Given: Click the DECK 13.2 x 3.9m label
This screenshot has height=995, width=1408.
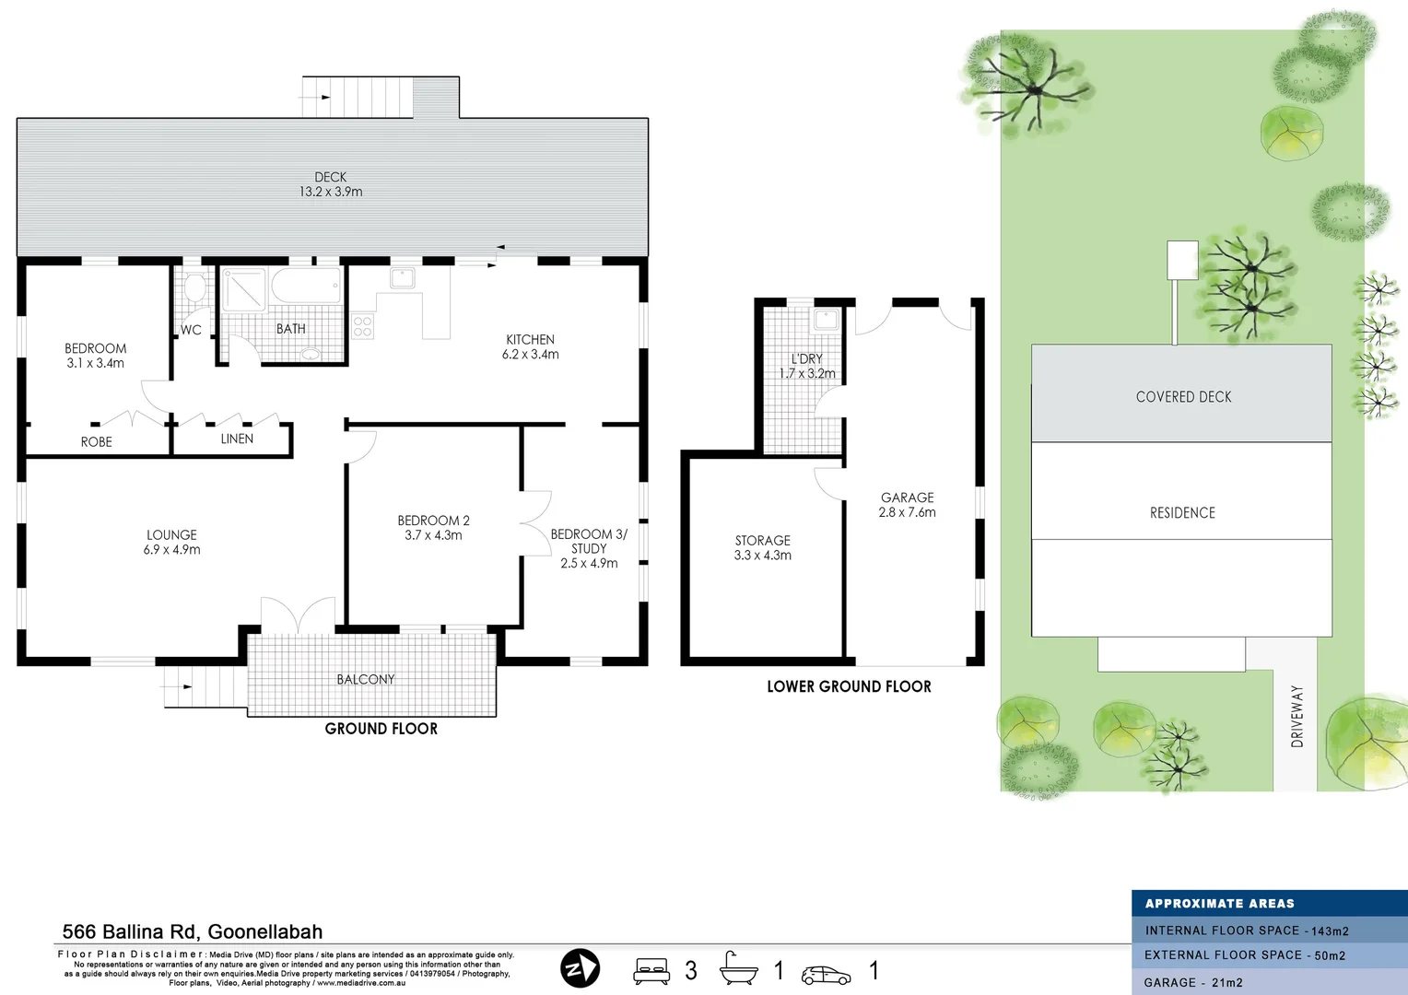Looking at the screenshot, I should tap(330, 184).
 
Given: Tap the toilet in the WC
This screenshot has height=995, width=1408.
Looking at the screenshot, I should tap(194, 288).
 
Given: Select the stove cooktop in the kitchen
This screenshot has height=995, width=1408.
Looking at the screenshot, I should tap(362, 326).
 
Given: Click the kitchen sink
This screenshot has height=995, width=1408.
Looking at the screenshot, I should tap(402, 277).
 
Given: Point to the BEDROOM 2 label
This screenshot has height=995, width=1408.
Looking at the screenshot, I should tap(433, 527).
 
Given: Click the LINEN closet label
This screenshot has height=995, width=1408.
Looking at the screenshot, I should tap(237, 439).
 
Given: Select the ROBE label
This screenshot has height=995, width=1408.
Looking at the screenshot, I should tap(96, 442).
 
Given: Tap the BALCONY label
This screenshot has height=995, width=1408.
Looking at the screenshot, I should tap(365, 679).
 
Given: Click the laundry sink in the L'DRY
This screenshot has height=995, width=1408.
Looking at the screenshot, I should tap(826, 320).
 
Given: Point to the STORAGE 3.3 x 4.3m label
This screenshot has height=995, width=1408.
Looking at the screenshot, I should tap(762, 547).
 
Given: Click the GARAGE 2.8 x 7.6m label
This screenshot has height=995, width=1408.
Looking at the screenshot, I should tap(907, 505).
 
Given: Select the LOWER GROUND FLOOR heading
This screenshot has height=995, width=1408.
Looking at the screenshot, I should tap(849, 686).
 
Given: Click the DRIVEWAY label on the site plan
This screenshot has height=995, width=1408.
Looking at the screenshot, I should tap(1297, 716).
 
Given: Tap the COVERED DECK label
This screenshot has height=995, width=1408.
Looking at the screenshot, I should tap(1183, 397).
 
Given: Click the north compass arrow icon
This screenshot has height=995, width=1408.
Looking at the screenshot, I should tap(580, 968).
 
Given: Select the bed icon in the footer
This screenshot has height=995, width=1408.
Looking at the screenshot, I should tap(651, 971).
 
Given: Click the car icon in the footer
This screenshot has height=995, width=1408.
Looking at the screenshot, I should tap(826, 974).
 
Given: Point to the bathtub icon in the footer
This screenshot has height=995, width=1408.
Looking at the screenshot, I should tap(738, 969).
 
